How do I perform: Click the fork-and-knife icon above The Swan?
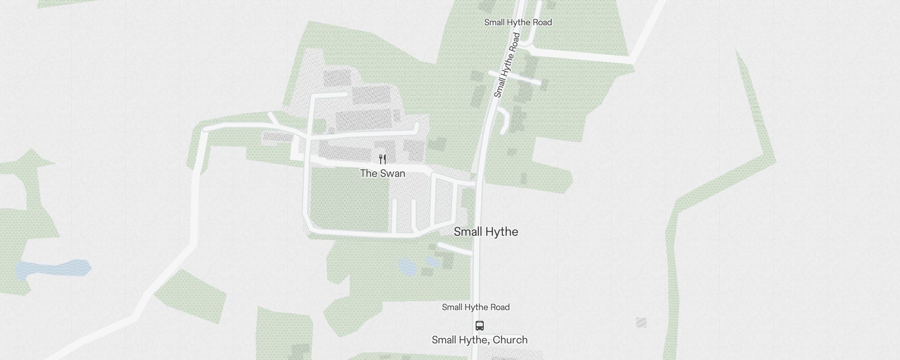[382, 159]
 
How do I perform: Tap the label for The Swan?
[382, 173]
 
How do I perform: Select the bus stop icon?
[480, 325]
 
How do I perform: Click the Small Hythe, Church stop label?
[480, 340]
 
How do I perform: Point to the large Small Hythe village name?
[486, 232]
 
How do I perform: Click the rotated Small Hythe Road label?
[507, 65]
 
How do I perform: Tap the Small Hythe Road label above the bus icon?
[476, 307]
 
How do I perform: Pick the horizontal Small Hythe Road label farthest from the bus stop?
[518, 22]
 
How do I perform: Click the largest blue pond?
[53, 269]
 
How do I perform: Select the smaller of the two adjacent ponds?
[432, 261]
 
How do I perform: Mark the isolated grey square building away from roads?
[641, 322]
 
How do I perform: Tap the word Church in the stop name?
[510, 340]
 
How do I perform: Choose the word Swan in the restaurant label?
[393, 173]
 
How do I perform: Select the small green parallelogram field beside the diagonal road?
[190, 295]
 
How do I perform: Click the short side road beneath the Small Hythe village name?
[455, 249]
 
